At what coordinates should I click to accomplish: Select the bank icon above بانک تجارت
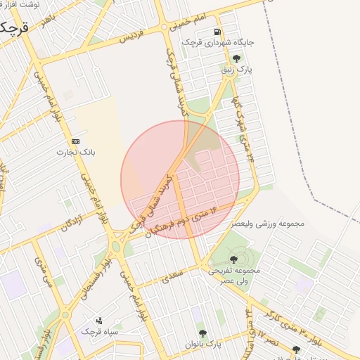[x=76, y=141]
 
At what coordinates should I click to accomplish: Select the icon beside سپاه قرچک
[x=99, y=320]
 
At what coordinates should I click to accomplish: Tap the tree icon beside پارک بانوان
[x=202, y=333]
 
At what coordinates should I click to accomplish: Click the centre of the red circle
[x=180, y=179]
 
